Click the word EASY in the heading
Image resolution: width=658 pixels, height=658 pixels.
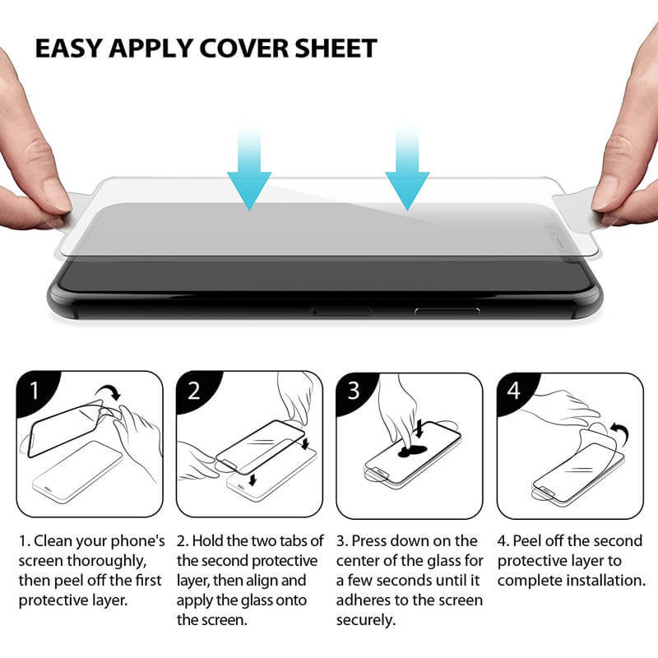point(69,49)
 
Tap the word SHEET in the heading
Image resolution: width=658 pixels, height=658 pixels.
point(336,49)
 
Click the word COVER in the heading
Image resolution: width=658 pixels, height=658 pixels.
point(243,49)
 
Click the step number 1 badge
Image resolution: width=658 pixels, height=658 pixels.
point(35,392)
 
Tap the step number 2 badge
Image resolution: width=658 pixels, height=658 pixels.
point(194,392)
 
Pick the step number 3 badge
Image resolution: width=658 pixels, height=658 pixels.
point(354,392)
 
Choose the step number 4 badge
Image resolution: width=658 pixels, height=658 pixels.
point(515,392)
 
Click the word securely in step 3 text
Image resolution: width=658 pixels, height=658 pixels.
point(365,620)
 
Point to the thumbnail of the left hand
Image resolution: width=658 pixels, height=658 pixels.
point(55,195)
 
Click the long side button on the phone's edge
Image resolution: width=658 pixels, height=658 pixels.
point(447,311)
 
